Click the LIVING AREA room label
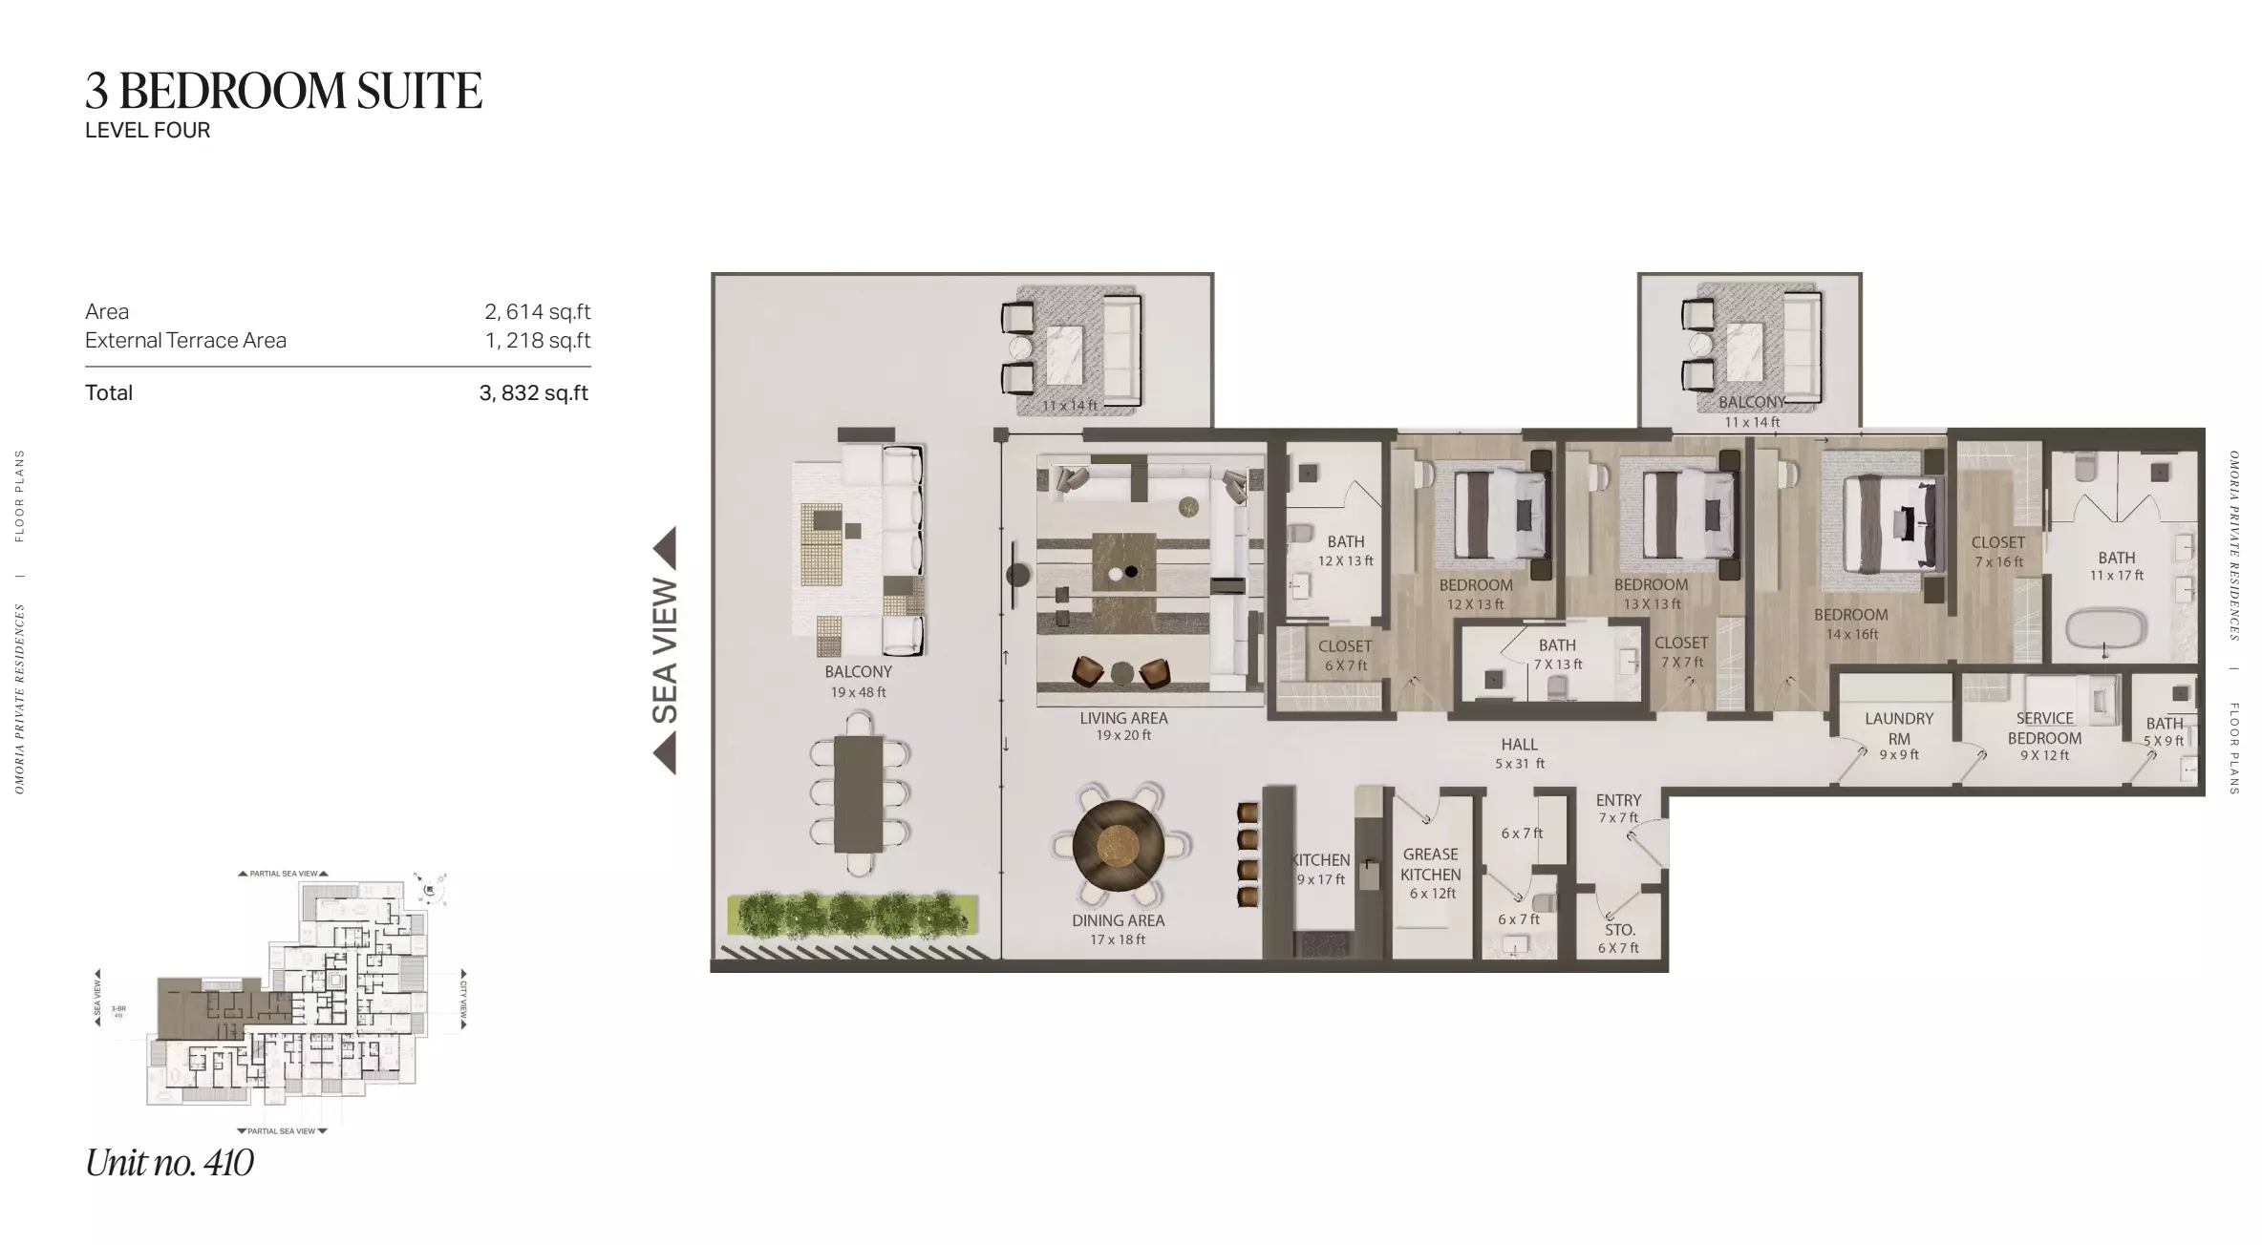tap(1123, 718)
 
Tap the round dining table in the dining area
tap(1118, 845)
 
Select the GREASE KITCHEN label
tap(1430, 864)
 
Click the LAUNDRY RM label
tap(1898, 728)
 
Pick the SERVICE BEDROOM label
tap(2044, 728)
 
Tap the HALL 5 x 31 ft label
tap(1519, 752)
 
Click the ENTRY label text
tap(1618, 800)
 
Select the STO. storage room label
tap(1619, 930)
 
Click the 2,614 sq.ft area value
tap(537, 312)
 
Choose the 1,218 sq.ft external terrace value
tap(537, 341)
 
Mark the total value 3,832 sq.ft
tap(533, 393)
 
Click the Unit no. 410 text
tap(169, 1163)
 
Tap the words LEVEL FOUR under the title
tap(147, 131)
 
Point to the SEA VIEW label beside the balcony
tap(665, 651)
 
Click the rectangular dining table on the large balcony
tap(858, 794)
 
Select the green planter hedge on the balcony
tap(852, 914)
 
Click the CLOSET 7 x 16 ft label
tap(1997, 551)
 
